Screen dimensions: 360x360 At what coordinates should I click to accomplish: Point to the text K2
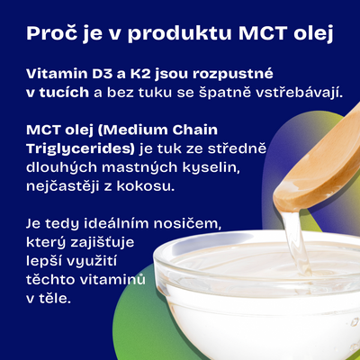140,74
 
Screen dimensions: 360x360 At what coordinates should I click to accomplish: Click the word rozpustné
233,75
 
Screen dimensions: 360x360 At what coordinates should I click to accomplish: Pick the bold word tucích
64,93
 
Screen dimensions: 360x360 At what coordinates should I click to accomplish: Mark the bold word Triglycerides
80,149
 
